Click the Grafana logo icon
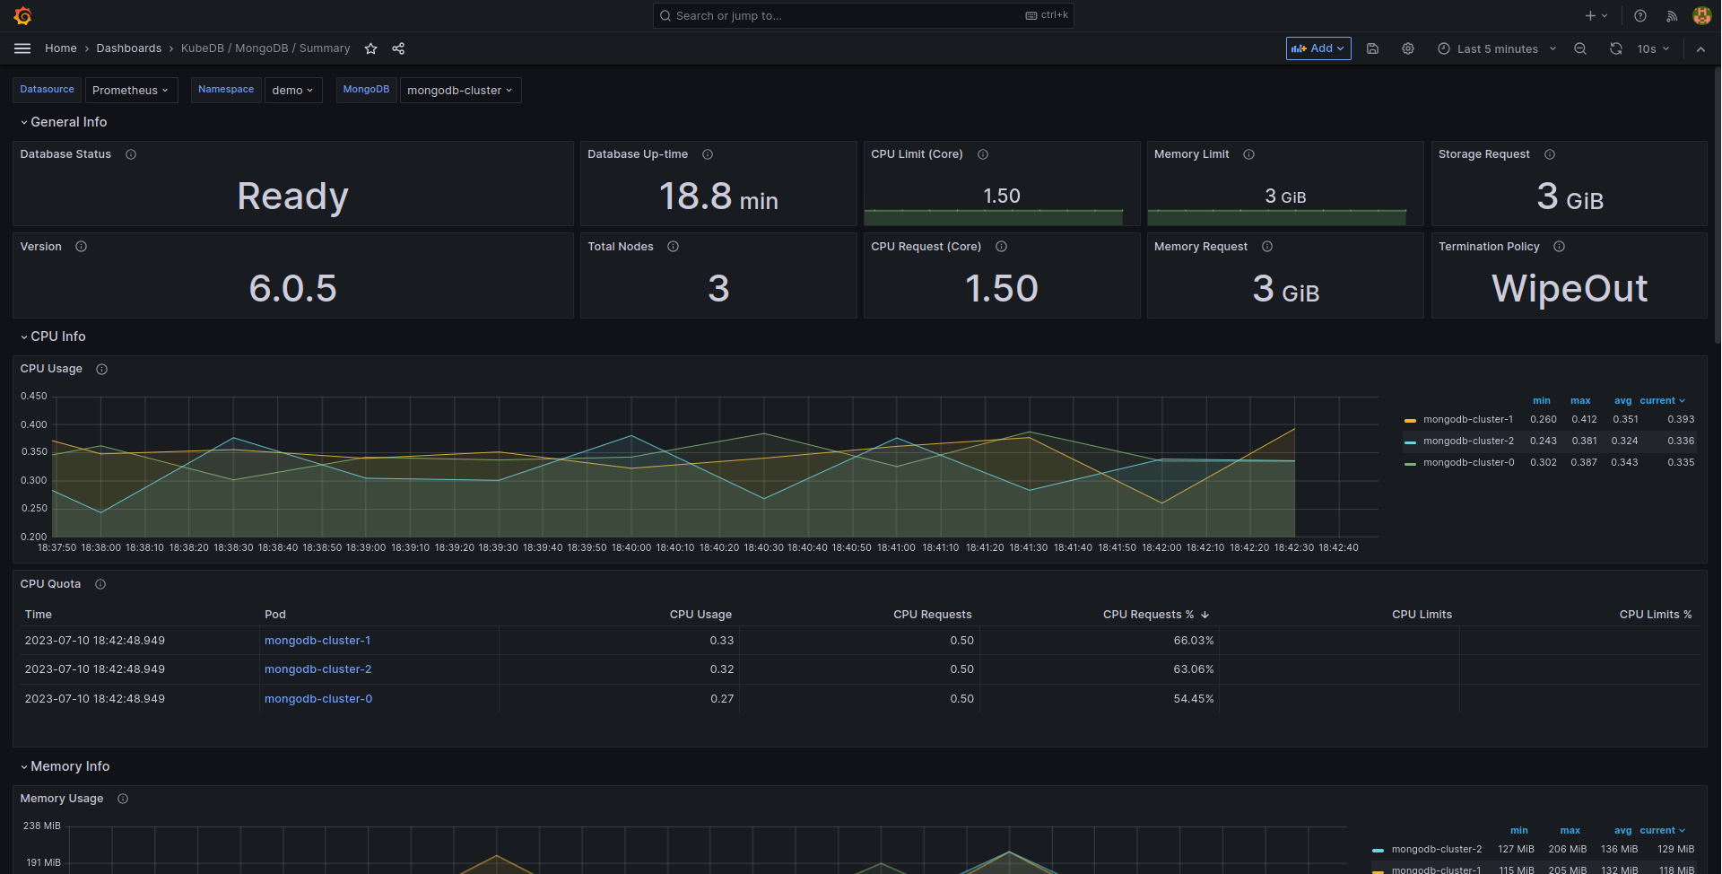coord(23,16)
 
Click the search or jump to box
coord(843,15)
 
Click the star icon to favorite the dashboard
coord(370,48)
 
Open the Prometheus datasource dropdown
coord(131,90)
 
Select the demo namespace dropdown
coord(292,90)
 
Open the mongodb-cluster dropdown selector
coord(459,90)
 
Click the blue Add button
coord(1318,48)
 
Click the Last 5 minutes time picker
coord(1497,48)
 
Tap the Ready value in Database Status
coord(292,196)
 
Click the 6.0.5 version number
coord(292,288)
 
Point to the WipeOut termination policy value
coord(1569,288)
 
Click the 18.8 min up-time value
coord(717,196)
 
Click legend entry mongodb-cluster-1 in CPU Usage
coord(1467,419)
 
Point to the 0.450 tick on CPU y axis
coord(34,396)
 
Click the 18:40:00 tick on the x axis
coord(631,547)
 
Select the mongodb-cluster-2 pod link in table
coord(317,669)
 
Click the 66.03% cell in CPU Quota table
coord(1193,641)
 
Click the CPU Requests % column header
coord(1148,615)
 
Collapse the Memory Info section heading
coord(69,766)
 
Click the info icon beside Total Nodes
coord(673,247)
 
